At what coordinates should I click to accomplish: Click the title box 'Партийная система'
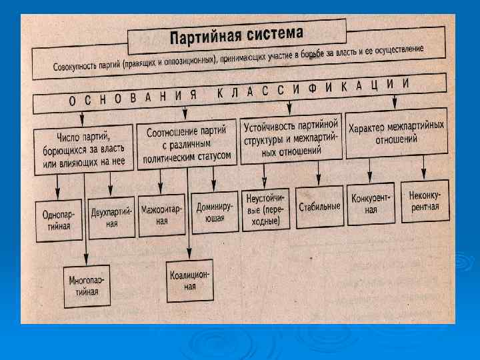coord(237,34)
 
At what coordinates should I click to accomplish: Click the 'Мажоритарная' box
coord(162,215)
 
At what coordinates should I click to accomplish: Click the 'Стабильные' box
coord(319,206)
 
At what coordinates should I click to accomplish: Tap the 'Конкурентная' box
coord(371,203)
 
